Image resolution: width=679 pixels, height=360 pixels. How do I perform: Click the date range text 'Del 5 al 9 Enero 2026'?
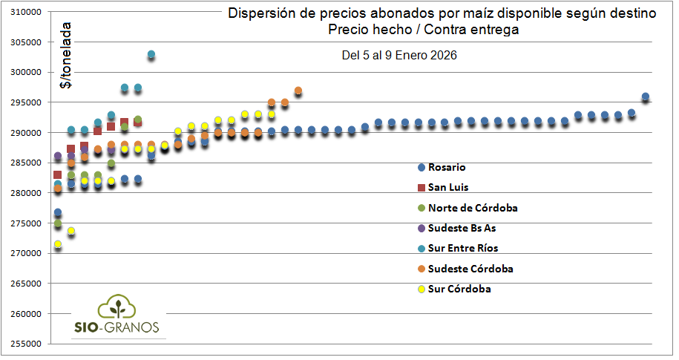[398, 56]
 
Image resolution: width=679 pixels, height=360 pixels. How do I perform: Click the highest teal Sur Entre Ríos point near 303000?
[151, 54]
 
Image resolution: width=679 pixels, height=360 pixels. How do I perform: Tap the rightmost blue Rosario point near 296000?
[646, 96]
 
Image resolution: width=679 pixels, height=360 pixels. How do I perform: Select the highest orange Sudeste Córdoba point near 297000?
[298, 91]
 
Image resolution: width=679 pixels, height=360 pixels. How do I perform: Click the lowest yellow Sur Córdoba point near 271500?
[58, 244]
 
